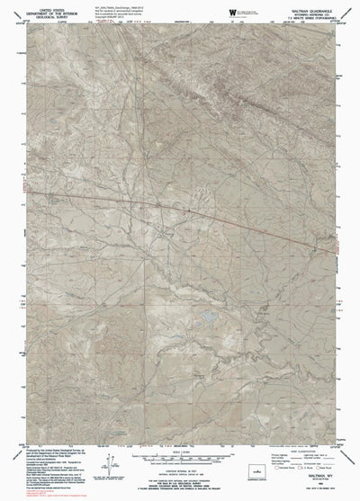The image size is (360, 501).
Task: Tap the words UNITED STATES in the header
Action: [35, 9]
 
